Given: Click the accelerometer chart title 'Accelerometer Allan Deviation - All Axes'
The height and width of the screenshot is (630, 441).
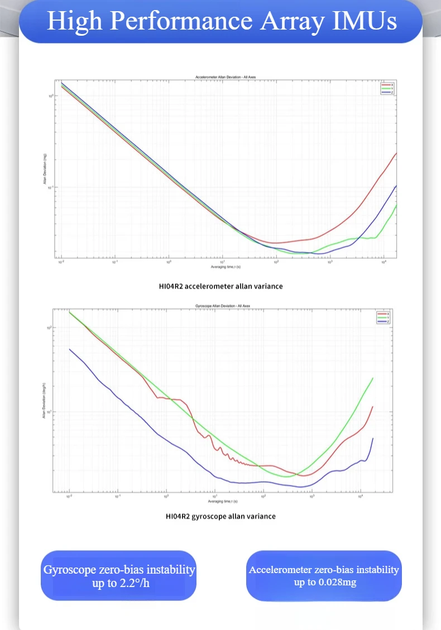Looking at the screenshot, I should click(x=226, y=76).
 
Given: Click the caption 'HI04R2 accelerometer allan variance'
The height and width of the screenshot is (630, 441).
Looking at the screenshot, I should click(x=220, y=286).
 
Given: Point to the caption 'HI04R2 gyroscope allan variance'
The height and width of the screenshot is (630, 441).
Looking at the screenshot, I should click(x=220, y=516).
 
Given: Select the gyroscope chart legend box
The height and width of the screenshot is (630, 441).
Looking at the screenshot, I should click(x=382, y=318).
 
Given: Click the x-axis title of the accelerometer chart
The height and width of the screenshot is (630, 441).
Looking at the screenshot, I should click(x=222, y=267).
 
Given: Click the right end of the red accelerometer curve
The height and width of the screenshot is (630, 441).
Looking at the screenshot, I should click(x=396, y=153).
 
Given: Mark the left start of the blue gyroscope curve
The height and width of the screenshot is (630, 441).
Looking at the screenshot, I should click(x=69, y=349).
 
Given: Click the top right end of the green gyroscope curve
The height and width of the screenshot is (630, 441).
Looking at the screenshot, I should click(x=372, y=378).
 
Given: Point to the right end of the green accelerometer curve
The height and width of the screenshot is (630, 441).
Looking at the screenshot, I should click(x=396, y=205).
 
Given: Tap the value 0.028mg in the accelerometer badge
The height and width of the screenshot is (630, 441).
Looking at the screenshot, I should click(x=337, y=583).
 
